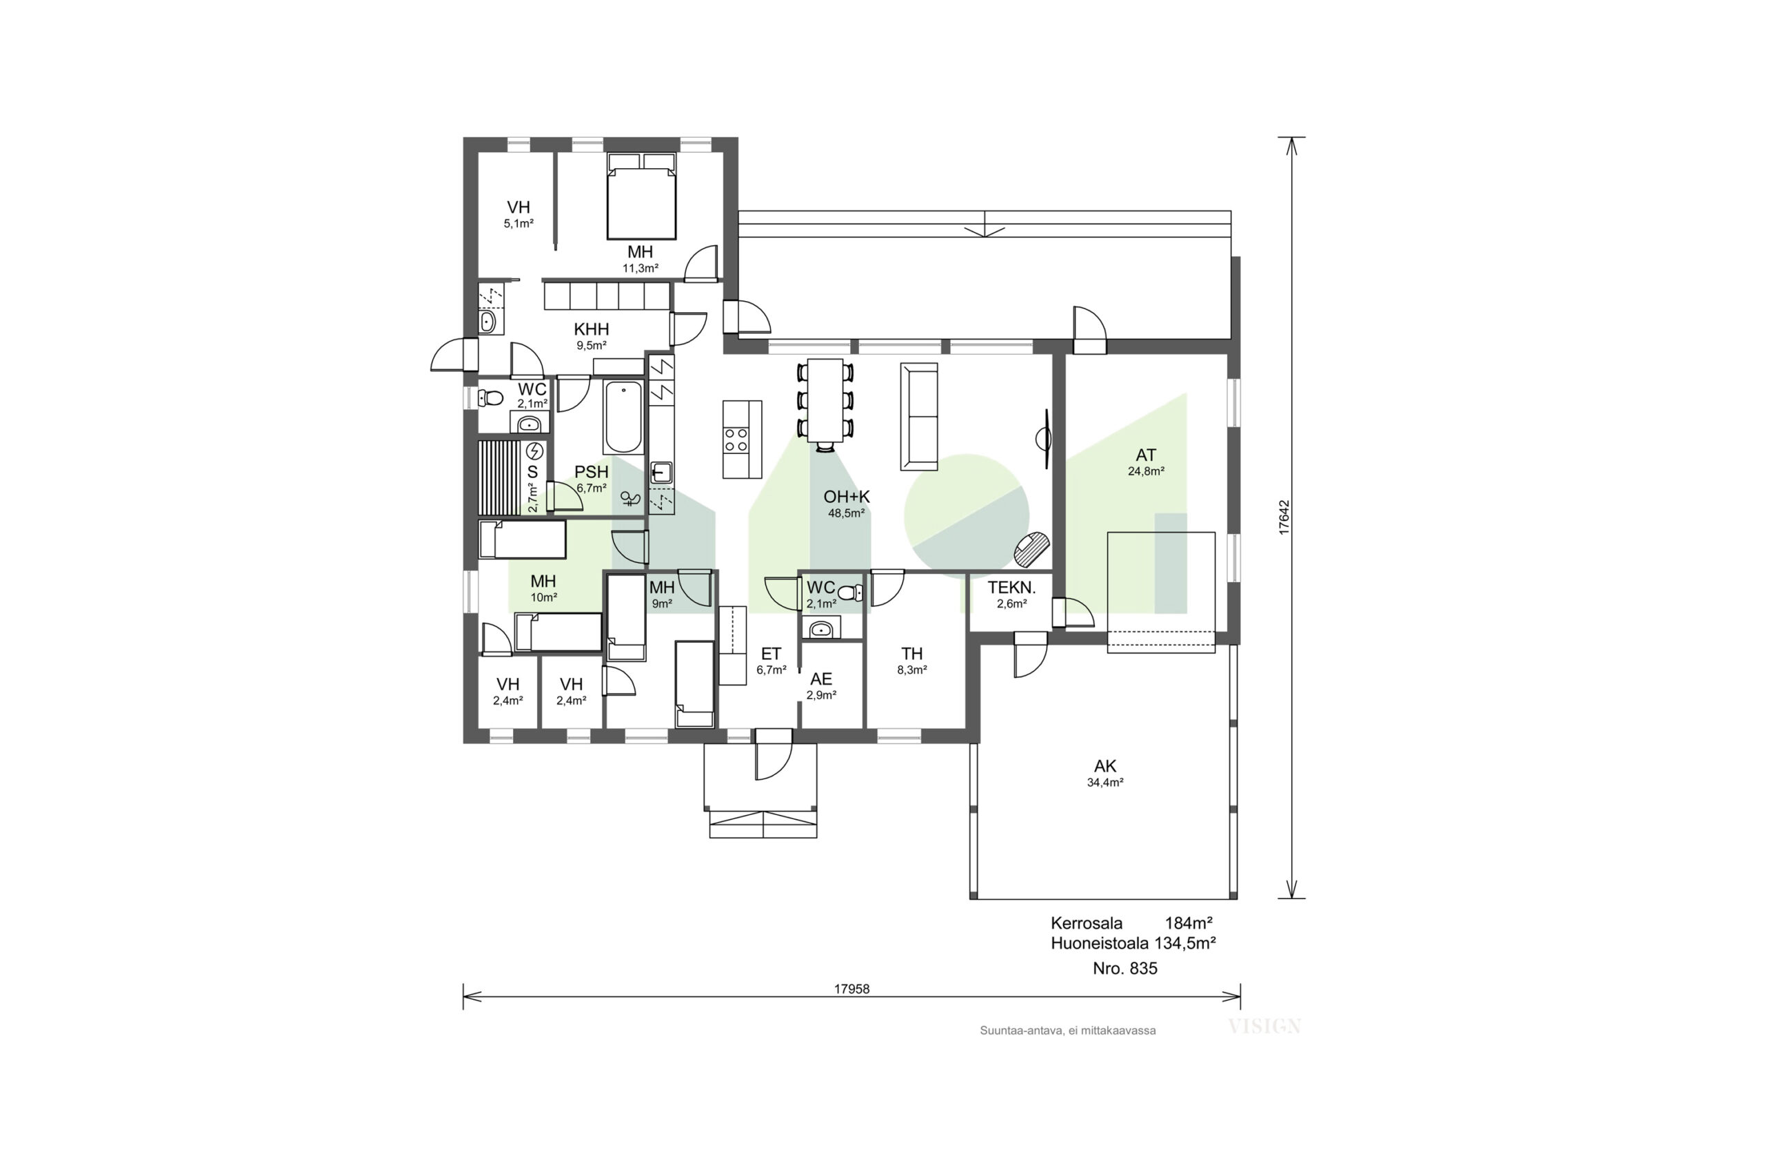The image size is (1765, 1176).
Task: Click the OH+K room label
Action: (x=847, y=497)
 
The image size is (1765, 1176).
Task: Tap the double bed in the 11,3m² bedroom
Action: (x=641, y=196)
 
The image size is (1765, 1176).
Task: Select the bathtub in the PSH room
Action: (x=623, y=417)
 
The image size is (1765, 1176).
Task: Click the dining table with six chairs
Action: (x=825, y=401)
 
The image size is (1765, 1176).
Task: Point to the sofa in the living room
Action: (x=919, y=417)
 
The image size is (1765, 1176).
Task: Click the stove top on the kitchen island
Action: (x=736, y=440)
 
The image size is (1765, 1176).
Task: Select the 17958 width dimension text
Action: (x=851, y=989)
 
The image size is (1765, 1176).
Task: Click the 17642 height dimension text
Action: (x=1284, y=517)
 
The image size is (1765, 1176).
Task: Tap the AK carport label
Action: (x=1105, y=766)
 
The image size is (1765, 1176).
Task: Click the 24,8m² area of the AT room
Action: (x=1146, y=472)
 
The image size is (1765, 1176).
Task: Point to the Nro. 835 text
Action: (x=1125, y=968)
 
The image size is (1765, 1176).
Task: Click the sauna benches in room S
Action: (x=499, y=477)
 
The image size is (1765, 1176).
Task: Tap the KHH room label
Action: (x=592, y=329)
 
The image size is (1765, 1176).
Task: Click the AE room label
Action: (x=821, y=679)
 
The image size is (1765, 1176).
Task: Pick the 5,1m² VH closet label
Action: (x=518, y=223)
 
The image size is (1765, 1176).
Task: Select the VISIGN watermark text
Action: (x=1264, y=1027)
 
